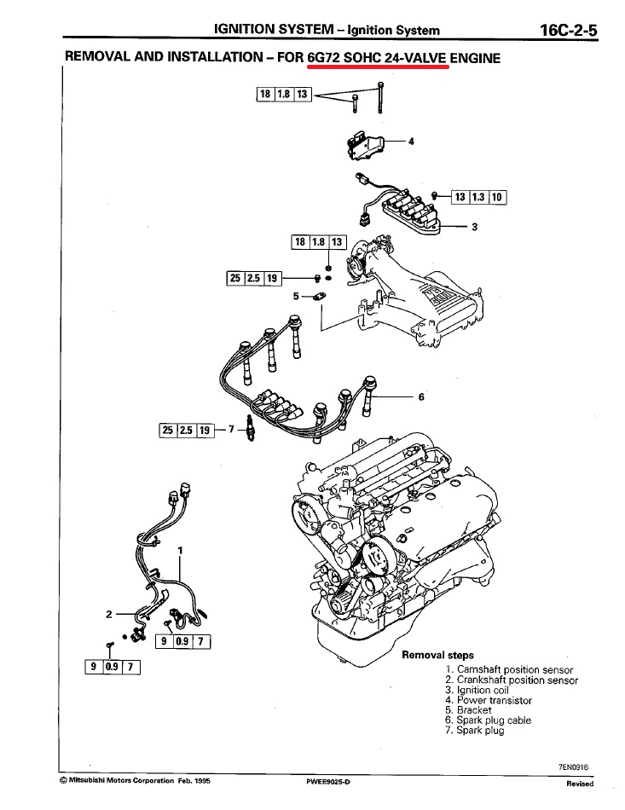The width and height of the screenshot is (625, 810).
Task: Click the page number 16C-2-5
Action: click(569, 31)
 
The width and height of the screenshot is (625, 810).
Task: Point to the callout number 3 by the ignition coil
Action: click(474, 227)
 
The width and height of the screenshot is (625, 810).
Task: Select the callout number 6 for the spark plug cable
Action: click(421, 396)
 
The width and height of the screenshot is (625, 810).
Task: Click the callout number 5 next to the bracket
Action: click(297, 296)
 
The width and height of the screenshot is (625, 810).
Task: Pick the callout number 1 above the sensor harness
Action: click(181, 551)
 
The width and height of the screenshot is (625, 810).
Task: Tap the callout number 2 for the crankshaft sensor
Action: click(109, 613)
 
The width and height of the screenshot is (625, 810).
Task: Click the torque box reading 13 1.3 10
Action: click(479, 197)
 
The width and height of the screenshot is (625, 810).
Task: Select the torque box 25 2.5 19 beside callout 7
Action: click(185, 430)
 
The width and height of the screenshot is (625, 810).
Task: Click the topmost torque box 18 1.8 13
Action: click(286, 94)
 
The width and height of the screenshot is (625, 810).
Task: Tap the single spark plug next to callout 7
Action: click(249, 430)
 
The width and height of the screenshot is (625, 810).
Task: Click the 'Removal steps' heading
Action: click(437, 656)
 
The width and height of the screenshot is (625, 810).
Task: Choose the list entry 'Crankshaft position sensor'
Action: click(518, 680)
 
